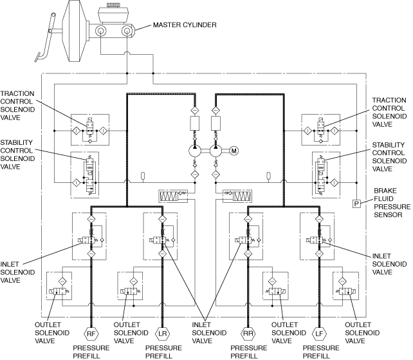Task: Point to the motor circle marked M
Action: click(x=234, y=151)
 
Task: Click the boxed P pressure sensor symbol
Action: click(x=356, y=204)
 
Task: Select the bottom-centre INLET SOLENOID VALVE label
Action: click(x=206, y=332)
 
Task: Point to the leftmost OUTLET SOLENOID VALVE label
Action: click(x=48, y=332)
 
